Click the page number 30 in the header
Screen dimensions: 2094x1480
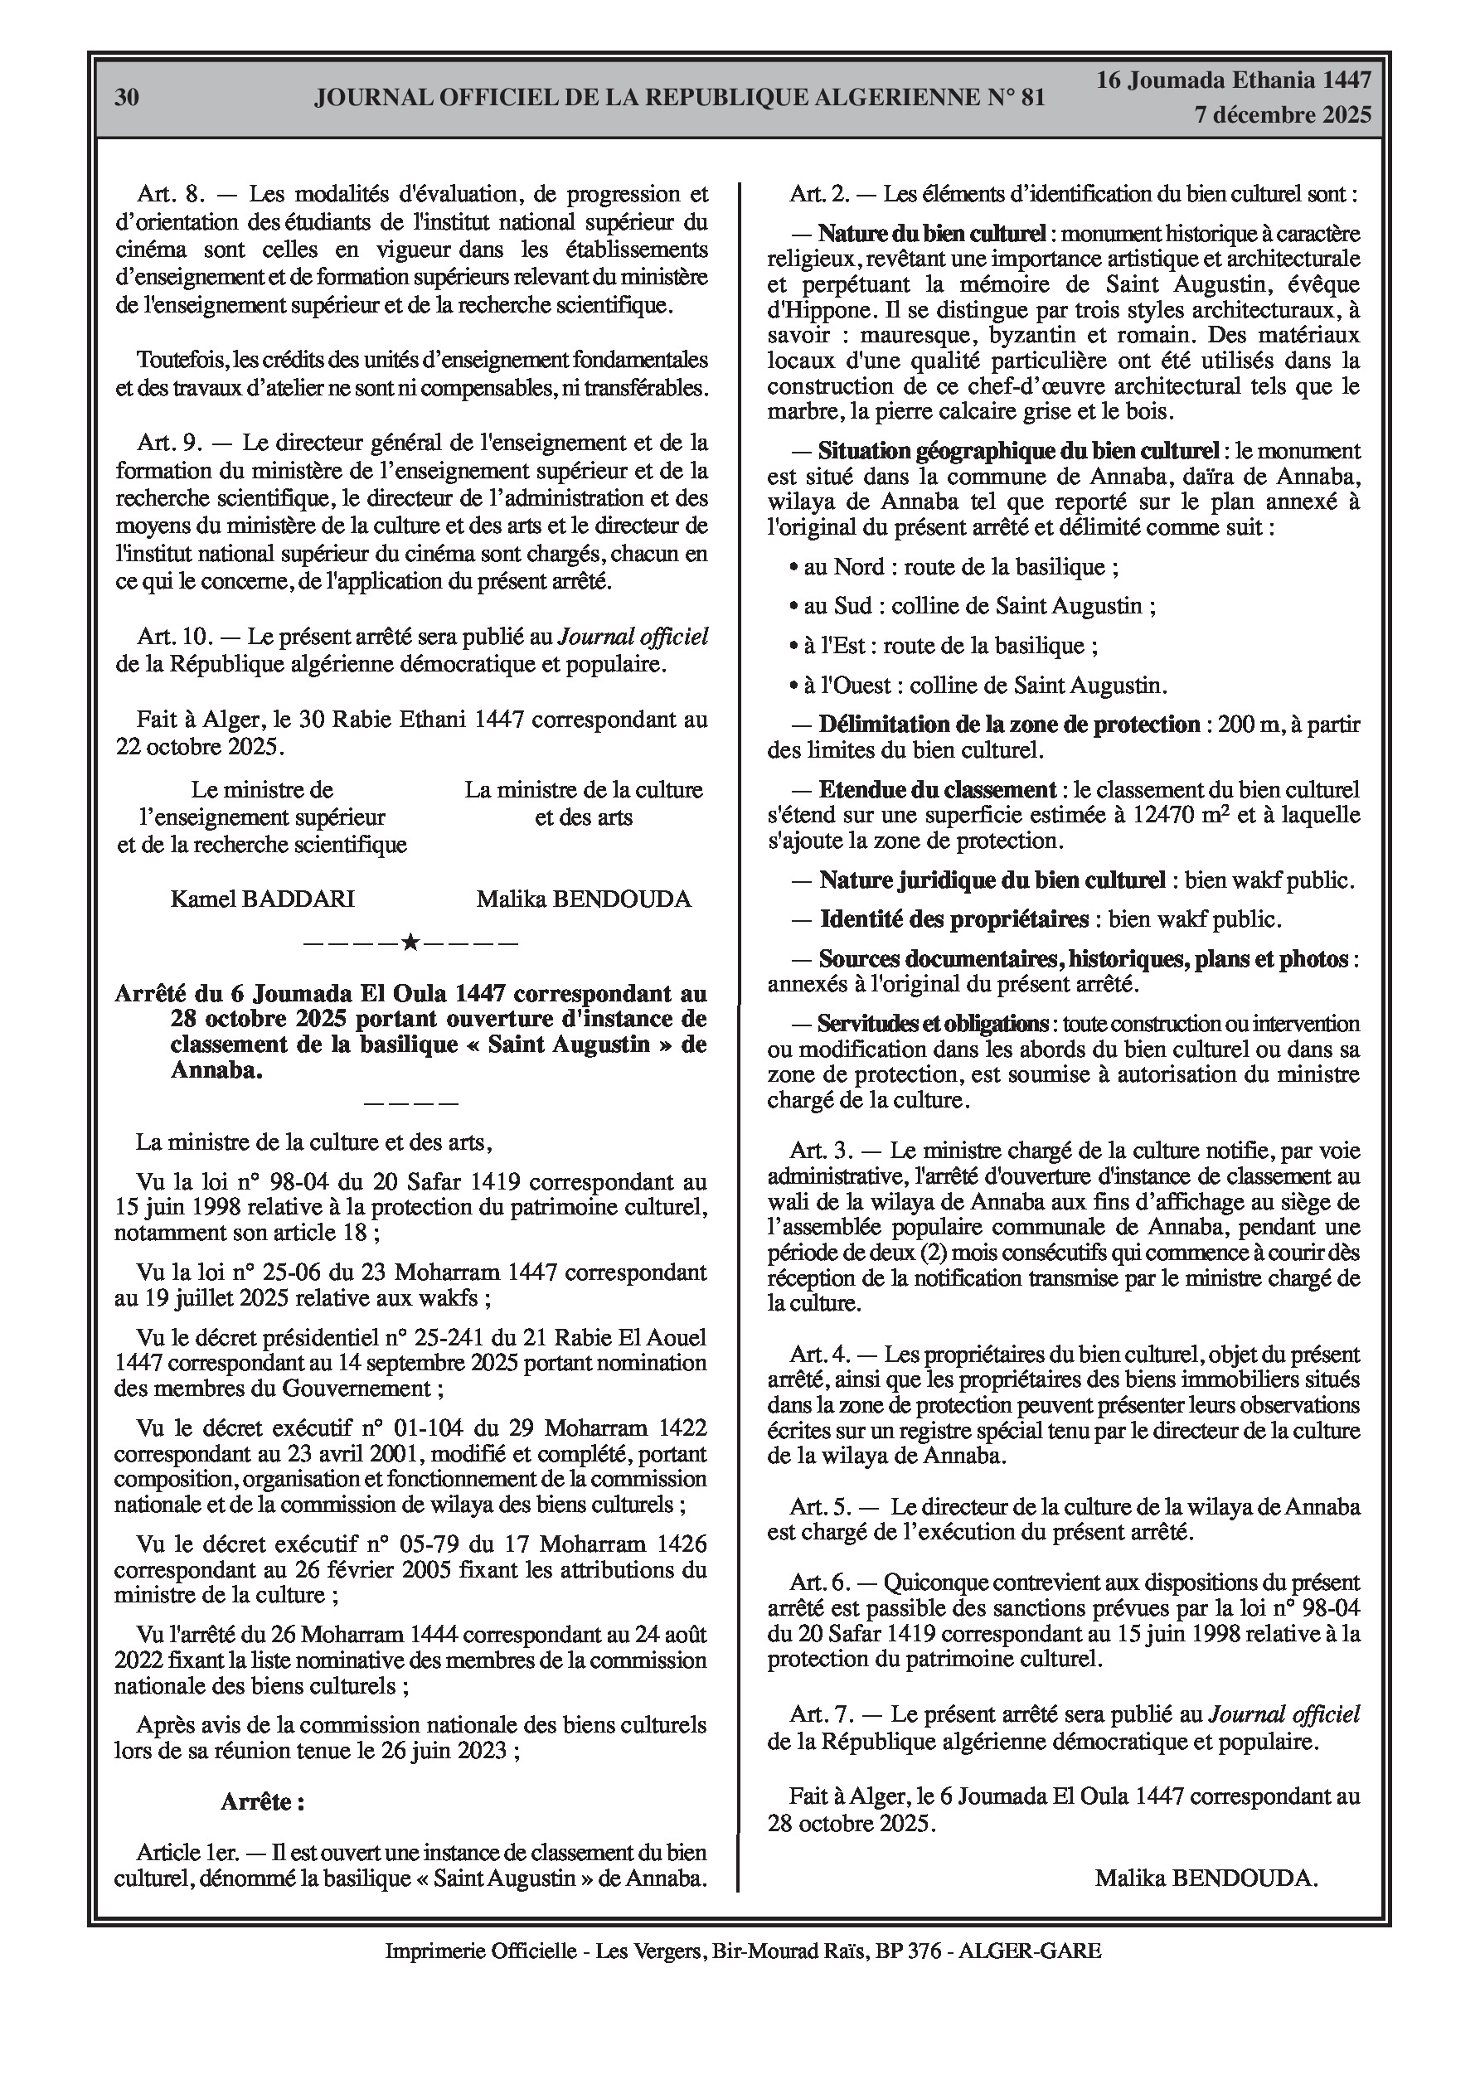127,97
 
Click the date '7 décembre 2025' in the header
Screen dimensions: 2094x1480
1282,115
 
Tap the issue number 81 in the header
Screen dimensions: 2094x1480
1031,97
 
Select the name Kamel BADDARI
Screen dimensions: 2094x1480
262,899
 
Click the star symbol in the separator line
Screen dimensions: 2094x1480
410,942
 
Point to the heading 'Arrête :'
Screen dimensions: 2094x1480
262,1802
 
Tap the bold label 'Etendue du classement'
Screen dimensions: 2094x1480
937,789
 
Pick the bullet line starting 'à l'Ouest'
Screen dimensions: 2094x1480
978,685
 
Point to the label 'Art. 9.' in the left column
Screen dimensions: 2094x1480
170,444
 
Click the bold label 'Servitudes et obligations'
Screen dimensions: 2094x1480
933,1023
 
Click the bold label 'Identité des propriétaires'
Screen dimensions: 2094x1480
954,919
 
